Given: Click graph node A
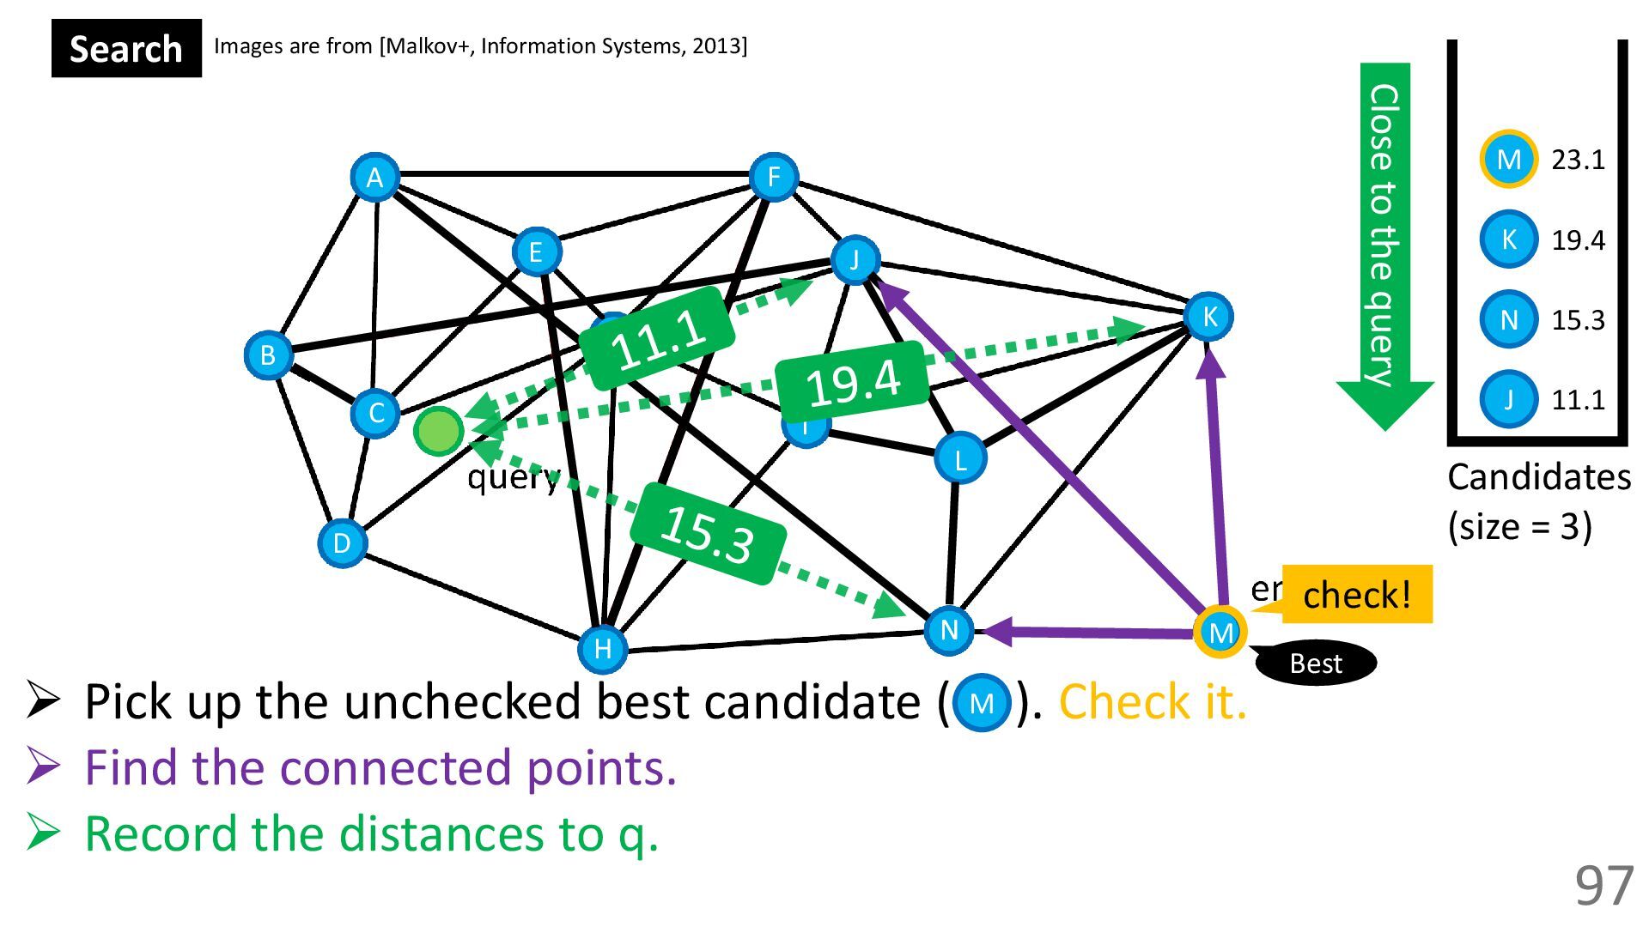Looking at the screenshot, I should [x=374, y=178].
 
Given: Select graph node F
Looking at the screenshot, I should [x=773, y=178].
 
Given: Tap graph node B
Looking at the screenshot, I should [x=268, y=354].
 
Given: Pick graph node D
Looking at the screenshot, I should [x=342, y=542].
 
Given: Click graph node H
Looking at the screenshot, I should [x=602, y=648].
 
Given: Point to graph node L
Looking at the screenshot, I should [x=959, y=458].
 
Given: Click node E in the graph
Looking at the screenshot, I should [x=536, y=251].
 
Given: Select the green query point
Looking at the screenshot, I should [x=439, y=430].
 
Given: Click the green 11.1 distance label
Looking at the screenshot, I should [x=658, y=338].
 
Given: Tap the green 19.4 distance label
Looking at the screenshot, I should [x=853, y=382].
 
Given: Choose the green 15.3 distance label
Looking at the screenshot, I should [x=708, y=534].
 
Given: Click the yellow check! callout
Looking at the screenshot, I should [x=1356, y=594].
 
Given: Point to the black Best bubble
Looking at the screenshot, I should [x=1316, y=663].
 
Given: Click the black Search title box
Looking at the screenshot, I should [x=126, y=49].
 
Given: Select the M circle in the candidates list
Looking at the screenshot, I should [x=1508, y=159].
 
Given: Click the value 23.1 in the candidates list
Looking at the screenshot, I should [x=1578, y=160].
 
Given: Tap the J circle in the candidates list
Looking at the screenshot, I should [x=1508, y=399].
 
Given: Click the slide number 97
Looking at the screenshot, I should [x=1603, y=886].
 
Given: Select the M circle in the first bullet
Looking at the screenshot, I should [x=982, y=703].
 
